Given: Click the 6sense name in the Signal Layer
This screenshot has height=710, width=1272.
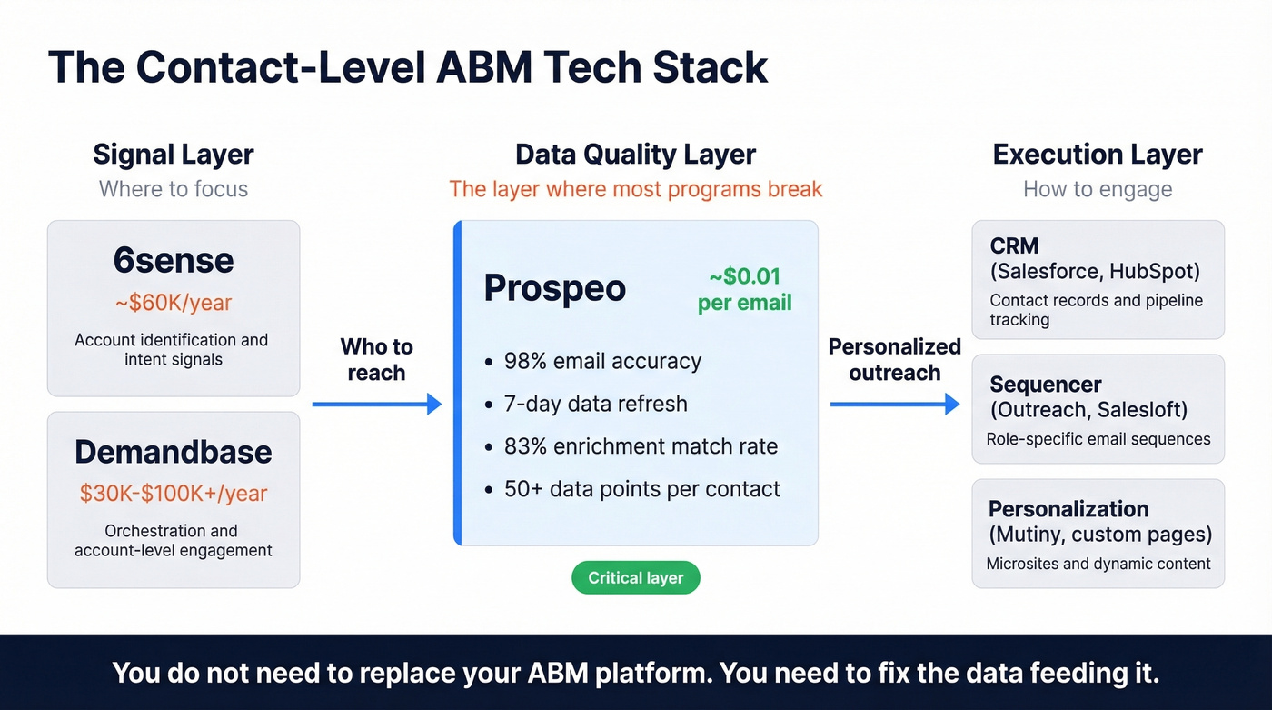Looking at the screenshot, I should coord(174,262).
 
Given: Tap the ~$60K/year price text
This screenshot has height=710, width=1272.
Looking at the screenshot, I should coord(174,303).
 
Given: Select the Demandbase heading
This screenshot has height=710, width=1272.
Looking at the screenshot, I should coord(174,452).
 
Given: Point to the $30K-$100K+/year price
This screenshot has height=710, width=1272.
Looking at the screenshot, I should coord(174,493).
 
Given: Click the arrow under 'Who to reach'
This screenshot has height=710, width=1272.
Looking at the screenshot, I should coord(376,405).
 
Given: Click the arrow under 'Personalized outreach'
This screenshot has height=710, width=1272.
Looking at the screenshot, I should coord(895,405).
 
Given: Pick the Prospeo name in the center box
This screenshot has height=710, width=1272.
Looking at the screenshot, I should coord(554,288).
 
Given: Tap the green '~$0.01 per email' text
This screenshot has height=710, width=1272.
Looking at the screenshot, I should coord(744,289).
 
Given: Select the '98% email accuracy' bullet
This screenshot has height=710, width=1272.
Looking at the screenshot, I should coord(602,361).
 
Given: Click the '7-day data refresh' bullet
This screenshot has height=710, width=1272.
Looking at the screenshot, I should coord(595,404).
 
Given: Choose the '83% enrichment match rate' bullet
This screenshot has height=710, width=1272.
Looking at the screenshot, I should coord(641,446).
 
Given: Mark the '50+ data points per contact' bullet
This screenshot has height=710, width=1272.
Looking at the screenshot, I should coord(641,489).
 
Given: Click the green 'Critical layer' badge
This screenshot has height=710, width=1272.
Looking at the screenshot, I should coord(635,578).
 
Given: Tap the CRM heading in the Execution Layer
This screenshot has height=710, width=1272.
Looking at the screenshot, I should coord(1014,246).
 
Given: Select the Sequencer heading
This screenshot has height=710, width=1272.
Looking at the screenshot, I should coord(1046,385).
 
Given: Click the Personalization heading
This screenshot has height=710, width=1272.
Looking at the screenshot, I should coord(1068,509).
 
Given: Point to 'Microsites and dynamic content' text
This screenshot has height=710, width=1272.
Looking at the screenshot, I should coord(1098,564).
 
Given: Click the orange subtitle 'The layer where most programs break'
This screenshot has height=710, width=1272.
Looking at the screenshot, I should coord(635,189).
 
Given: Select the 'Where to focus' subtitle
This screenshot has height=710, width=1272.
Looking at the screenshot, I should coord(174,189).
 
